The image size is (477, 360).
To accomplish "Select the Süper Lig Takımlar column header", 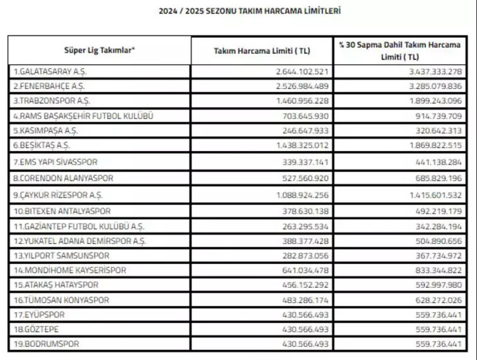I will (x=99, y=50).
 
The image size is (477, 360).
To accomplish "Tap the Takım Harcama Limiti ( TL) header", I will (x=262, y=51).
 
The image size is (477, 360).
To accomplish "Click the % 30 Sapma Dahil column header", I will (x=400, y=51).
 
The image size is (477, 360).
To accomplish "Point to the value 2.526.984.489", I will (x=302, y=87).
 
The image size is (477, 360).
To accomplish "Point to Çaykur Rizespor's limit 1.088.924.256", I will (x=302, y=196).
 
